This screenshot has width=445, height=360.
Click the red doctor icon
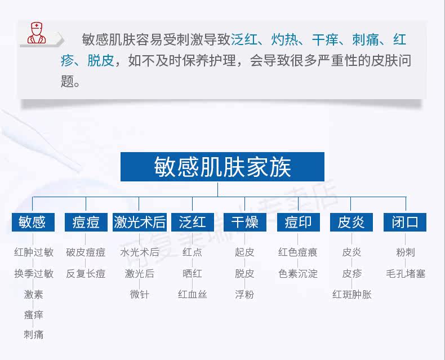pos(37,33)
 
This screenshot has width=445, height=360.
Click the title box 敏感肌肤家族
pos(222,167)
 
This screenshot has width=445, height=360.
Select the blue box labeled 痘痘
pos(86,222)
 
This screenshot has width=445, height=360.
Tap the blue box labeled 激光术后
pos(139,222)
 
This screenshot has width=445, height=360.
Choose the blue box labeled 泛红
pos(193,222)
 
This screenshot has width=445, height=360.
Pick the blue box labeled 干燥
pos(245,222)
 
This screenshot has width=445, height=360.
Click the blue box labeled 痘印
pos(299,222)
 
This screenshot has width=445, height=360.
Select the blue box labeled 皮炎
pos(351,222)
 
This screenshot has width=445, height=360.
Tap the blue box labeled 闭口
pos(405,222)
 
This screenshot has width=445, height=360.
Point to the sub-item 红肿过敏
pos(34,252)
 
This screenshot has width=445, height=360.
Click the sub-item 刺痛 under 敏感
pos(33,335)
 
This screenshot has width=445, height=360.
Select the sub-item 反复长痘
pos(86,274)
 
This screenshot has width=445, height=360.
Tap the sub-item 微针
pos(139,295)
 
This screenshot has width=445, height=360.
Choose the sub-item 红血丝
pos(193,295)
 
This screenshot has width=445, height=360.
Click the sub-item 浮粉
pos(244,295)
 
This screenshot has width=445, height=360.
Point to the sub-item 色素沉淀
pos(298,274)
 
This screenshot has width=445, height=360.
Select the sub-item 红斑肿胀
pos(352,295)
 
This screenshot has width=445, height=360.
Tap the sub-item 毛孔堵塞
pos(406,274)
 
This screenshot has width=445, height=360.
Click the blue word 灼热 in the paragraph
pos(284,39)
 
